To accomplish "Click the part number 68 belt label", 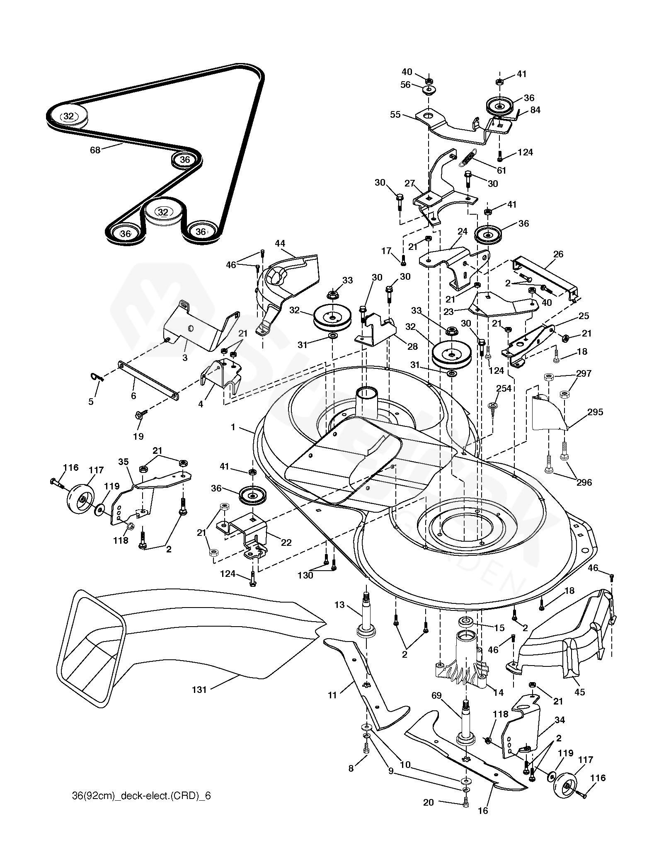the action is pos(95,150).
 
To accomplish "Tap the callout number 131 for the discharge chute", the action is pos(199,690).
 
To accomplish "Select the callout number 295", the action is pos(595,412).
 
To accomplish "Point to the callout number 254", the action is pos(503,388).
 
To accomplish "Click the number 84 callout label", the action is pos(535,110).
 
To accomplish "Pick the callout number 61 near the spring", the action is pos(501,170).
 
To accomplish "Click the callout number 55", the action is pos(395,114).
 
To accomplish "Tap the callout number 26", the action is pos(558,254).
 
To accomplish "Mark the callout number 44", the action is pos(280,243).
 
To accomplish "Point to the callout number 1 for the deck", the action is pos(233,427).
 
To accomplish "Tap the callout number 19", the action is pos(138,436).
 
